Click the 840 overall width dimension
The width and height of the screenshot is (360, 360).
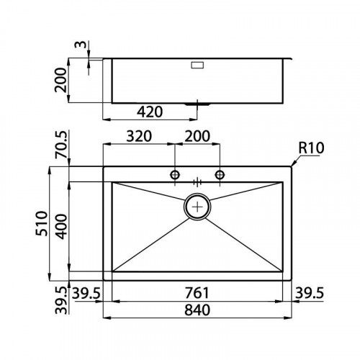point(197,310)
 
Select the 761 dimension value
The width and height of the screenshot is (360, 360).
point(197,293)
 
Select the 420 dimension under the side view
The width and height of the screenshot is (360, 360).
point(149,112)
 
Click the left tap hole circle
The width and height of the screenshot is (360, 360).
point(174,175)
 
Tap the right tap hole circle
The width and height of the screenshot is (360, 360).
point(220,175)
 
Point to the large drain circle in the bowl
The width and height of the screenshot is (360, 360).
point(198,207)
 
